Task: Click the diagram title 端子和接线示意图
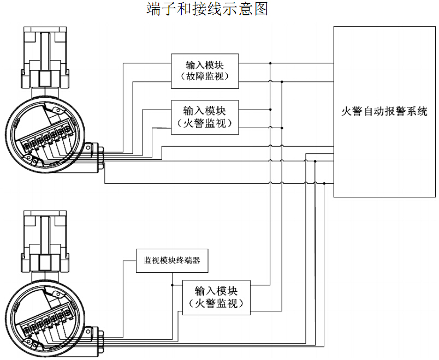[x=207, y=9]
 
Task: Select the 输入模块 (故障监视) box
[x=205, y=71]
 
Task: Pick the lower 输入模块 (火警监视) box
[x=216, y=297]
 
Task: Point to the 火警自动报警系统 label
[x=384, y=112]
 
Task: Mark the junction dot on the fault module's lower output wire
[x=282, y=82]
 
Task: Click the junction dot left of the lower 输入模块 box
[x=173, y=285]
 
